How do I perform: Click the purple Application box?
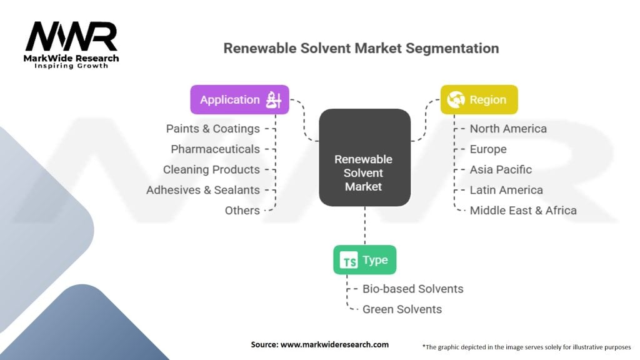click(239, 99)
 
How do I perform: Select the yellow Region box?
click(479, 99)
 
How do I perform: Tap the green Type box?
click(364, 260)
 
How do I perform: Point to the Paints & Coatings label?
click(212, 129)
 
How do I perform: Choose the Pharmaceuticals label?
click(215, 149)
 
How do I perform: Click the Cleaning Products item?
click(211, 169)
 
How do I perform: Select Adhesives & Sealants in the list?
click(202, 190)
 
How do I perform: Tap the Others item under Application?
click(242, 211)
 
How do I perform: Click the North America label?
click(508, 129)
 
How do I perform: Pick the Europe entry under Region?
click(488, 149)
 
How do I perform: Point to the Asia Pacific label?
click(501, 169)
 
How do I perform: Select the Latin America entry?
click(506, 190)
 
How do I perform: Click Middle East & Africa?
click(523, 211)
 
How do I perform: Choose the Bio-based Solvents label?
click(412, 289)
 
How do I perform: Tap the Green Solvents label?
click(402, 309)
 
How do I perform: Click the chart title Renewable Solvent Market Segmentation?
click(361, 48)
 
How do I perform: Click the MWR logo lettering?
click(71, 38)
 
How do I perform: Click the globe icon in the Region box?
click(456, 99)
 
